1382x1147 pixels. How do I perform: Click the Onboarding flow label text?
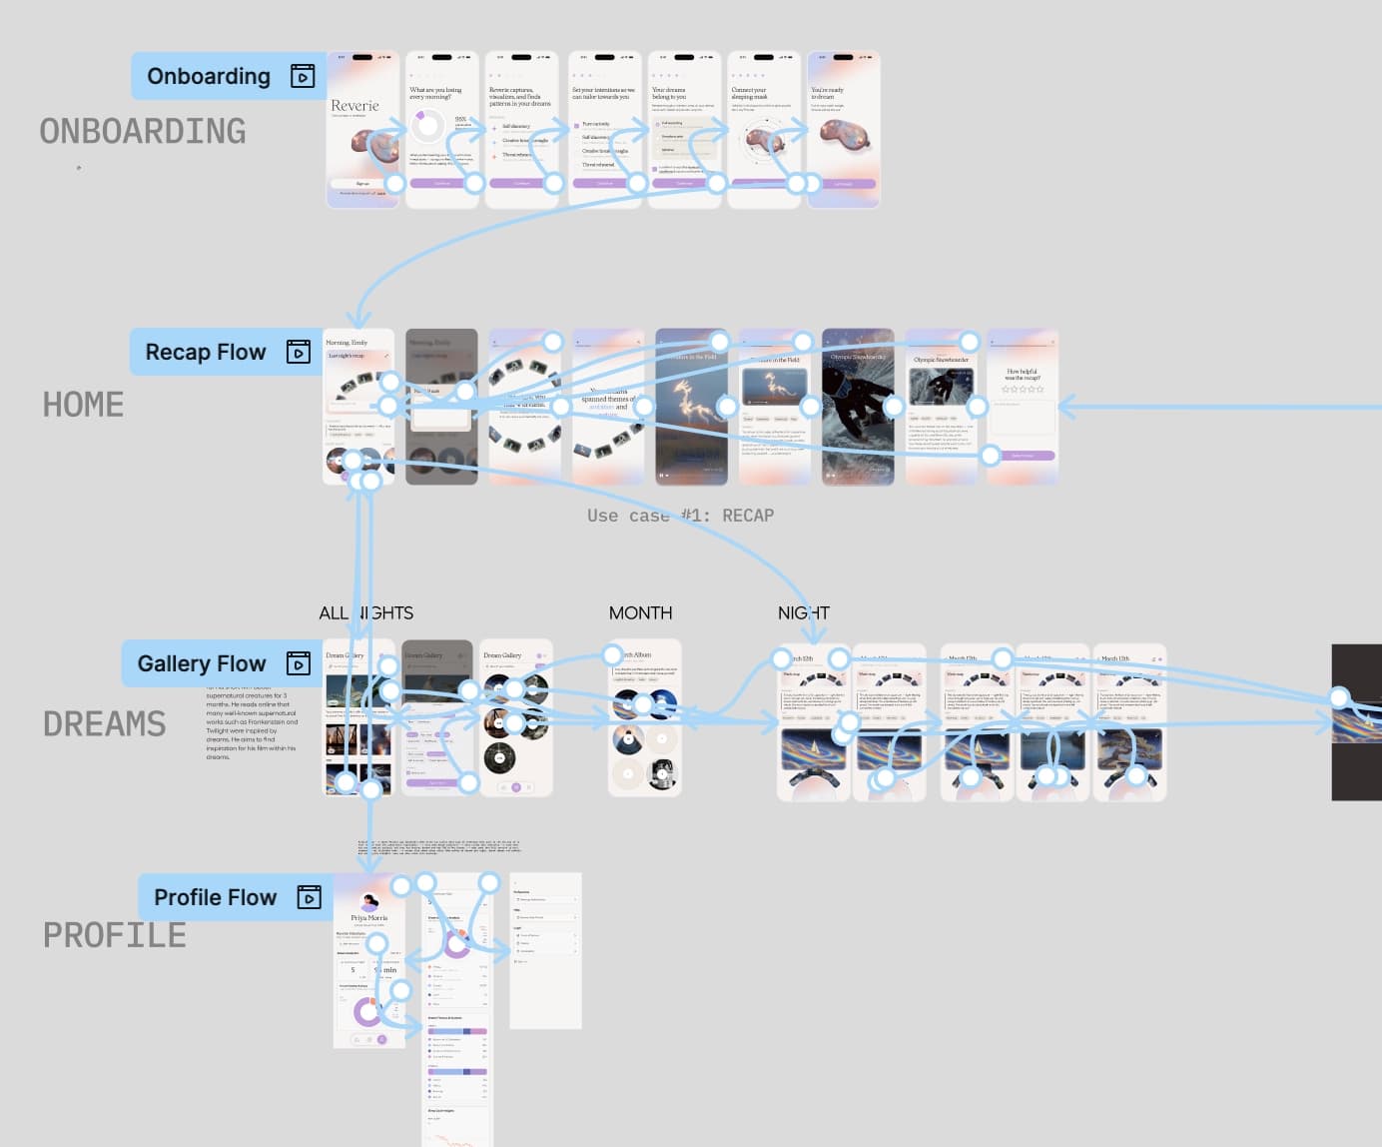(209, 76)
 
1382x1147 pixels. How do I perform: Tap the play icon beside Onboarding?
(303, 76)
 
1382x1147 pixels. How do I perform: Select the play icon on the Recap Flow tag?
(299, 352)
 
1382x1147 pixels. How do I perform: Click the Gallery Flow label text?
(202, 663)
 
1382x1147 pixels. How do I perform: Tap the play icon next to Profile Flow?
(310, 897)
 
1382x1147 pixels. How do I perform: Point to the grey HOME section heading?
(83, 405)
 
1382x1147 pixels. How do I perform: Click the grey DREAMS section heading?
(104, 723)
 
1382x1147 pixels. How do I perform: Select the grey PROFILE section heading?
(114, 935)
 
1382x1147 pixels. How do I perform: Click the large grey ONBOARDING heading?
(143, 131)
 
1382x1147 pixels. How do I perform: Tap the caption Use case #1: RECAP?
(680, 516)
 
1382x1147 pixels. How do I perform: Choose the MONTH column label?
(640, 612)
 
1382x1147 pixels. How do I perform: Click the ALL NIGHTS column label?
(365, 612)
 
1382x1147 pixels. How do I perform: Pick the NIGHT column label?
(804, 612)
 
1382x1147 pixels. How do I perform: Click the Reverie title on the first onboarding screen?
(354, 106)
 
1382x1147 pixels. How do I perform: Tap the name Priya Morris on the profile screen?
(369, 917)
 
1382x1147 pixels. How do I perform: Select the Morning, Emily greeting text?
(346, 343)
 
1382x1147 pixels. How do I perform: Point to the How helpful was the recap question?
(1022, 375)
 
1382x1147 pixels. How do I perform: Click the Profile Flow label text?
(215, 897)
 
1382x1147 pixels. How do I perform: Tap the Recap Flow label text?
(206, 352)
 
